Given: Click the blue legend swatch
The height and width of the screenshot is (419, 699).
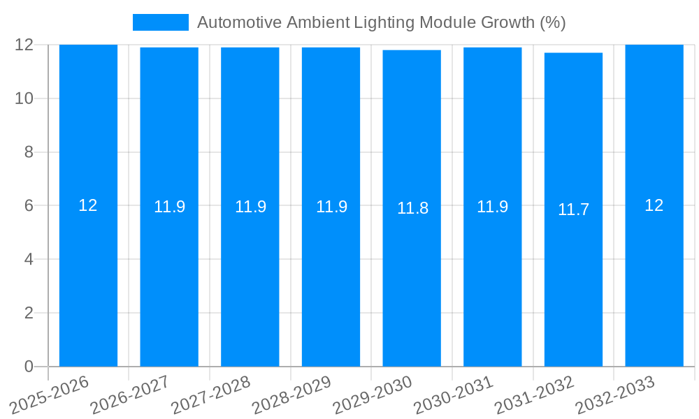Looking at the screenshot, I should (x=160, y=22).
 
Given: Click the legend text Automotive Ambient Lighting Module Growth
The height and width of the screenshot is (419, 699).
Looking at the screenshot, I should (x=381, y=22).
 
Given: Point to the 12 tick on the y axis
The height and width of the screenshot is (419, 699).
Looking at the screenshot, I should (x=24, y=45).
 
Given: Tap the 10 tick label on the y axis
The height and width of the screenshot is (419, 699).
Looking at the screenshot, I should (x=24, y=98).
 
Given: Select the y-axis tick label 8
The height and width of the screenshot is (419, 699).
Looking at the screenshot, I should (x=29, y=152).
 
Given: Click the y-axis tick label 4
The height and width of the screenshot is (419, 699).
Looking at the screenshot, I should (x=29, y=259).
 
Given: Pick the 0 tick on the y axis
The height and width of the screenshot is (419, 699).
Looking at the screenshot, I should (x=29, y=367).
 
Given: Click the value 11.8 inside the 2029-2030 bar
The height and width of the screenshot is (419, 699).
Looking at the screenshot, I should (x=412, y=208).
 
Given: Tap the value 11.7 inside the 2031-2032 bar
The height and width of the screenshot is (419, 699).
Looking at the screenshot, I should (x=573, y=209).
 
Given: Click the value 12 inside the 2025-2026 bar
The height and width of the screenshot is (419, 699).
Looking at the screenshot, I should (x=88, y=205).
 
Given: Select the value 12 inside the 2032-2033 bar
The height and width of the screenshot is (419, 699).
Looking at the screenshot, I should (x=654, y=205).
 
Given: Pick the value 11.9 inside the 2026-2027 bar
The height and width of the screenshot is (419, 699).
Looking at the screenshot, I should (x=169, y=207).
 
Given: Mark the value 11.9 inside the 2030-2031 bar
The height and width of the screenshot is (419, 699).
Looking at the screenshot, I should (x=493, y=207).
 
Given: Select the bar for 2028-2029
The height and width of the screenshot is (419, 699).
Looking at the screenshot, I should (x=331, y=279).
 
